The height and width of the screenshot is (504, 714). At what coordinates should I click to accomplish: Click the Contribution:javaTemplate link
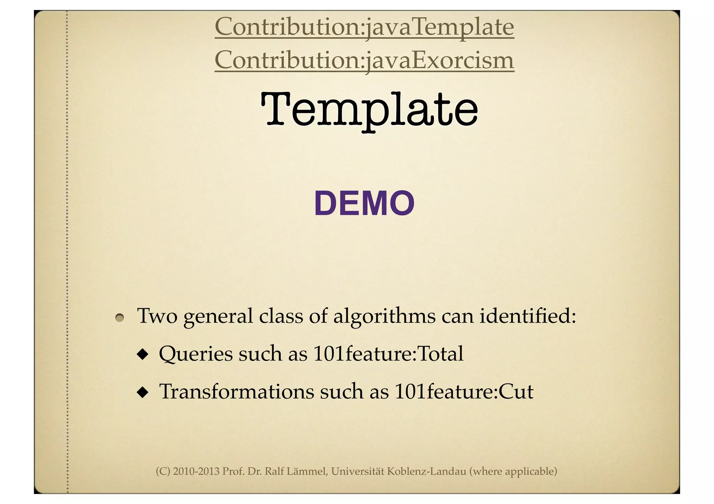364,27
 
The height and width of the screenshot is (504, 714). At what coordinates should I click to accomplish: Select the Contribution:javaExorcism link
364,60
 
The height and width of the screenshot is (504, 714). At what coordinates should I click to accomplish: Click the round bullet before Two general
120,317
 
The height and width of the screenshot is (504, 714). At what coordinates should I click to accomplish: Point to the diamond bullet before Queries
142,355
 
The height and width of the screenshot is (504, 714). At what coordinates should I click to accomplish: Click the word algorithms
384,317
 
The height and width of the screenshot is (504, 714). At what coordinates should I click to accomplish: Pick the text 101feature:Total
388,354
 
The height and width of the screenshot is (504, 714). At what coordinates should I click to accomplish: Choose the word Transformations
237,391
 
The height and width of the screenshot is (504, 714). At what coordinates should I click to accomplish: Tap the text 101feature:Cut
464,391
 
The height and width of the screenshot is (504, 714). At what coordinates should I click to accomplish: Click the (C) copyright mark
163,472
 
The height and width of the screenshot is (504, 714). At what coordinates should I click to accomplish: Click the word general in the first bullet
218,317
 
